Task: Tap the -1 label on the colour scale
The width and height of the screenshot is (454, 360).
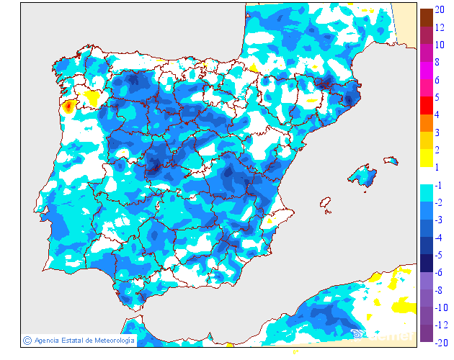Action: (438, 185)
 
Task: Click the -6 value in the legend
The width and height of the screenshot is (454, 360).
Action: (438, 273)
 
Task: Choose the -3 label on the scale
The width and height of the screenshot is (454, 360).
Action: (438, 220)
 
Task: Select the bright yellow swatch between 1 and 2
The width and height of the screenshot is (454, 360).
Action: (427, 158)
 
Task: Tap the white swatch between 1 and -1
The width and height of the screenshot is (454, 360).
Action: (427, 176)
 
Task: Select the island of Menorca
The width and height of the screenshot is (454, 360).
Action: (391, 160)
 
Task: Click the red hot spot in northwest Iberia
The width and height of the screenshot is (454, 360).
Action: (68, 107)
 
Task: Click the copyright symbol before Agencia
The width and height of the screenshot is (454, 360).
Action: (27, 340)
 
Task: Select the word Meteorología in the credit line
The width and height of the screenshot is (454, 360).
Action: (110, 341)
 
